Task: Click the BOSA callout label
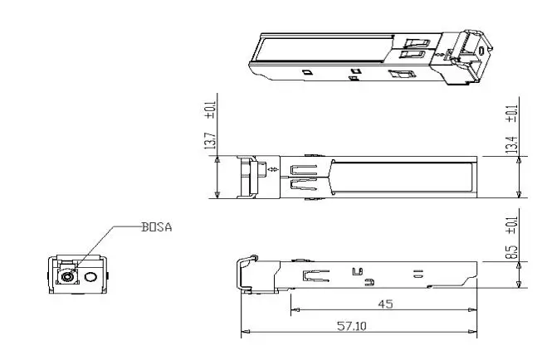pyautogui.click(x=157, y=227)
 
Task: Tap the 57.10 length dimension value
pyautogui.click(x=352, y=326)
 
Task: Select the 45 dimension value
pyautogui.click(x=385, y=304)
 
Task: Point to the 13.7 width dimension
pyautogui.click(x=210, y=141)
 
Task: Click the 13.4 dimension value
pyautogui.click(x=511, y=144)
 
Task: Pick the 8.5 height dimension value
pyautogui.click(x=511, y=252)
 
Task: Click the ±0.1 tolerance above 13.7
pyautogui.click(x=210, y=110)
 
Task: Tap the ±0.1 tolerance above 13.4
pyautogui.click(x=511, y=114)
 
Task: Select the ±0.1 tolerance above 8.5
pyautogui.click(x=511, y=225)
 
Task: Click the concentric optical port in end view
pyautogui.click(x=67, y=276)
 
